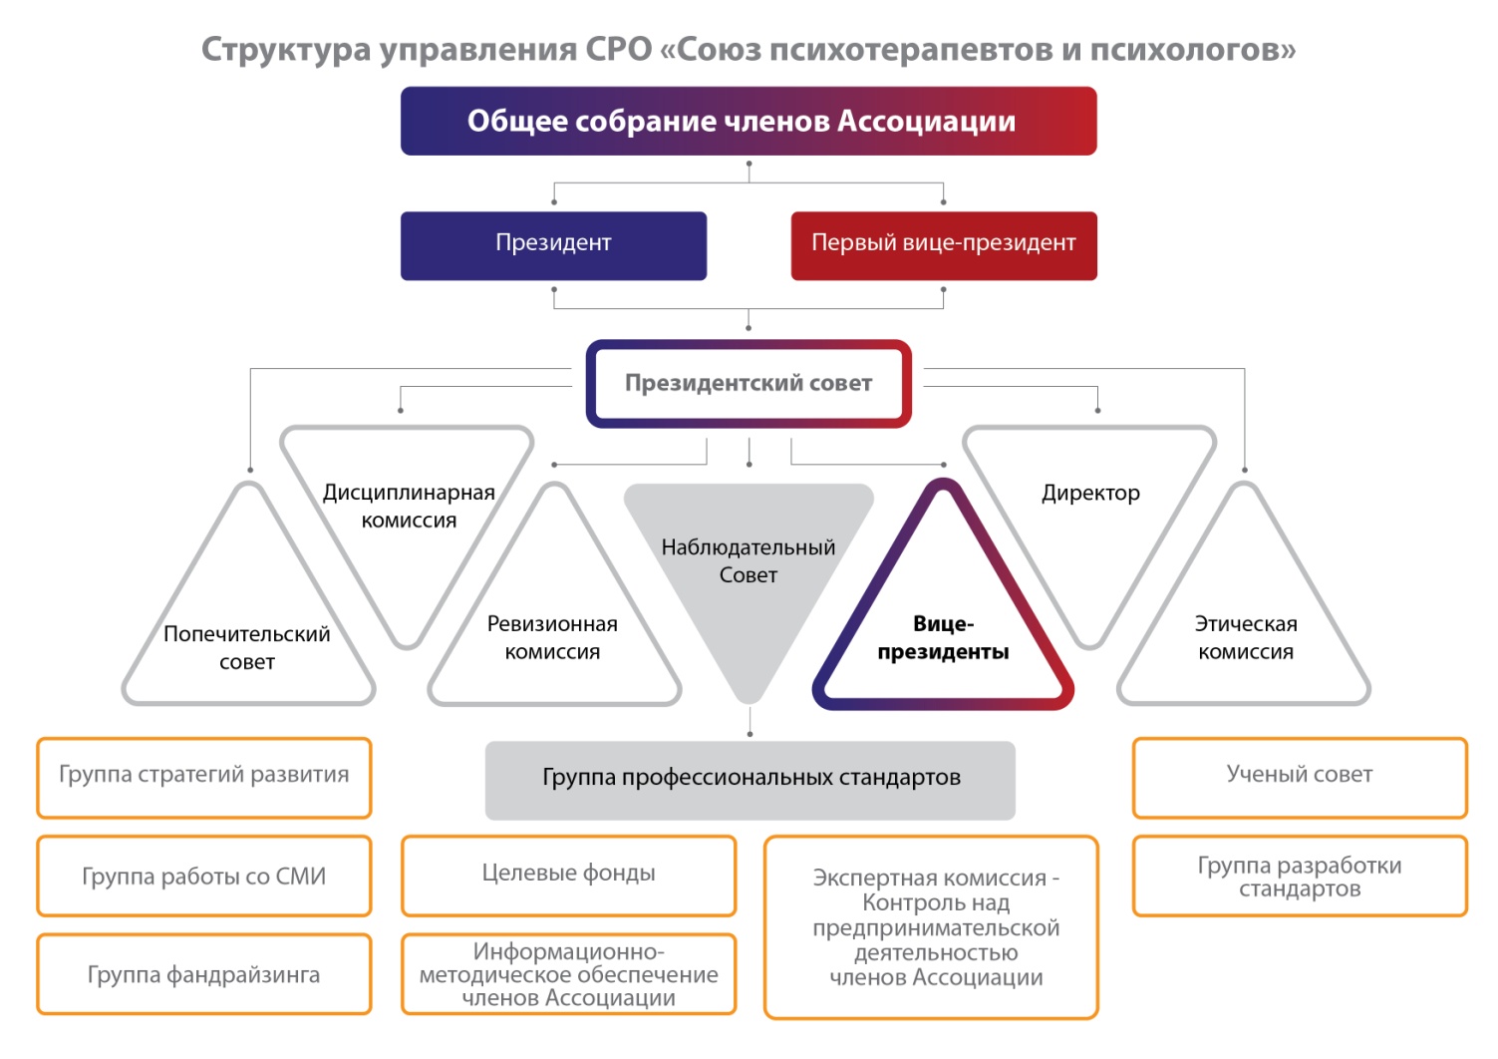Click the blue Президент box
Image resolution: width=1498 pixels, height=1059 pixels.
(x=553, y=245)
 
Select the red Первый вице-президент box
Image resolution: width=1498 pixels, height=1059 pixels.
(x=944, y=245)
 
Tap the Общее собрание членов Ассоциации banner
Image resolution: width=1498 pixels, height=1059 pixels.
(x=749, y=121)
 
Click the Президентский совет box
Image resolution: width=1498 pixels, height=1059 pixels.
(x=749, y=383)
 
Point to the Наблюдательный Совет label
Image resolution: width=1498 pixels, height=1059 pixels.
(x=749, y=560)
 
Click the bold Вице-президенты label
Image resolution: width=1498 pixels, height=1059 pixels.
(x=943, y=637)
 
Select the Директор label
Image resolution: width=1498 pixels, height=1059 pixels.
(x=1090, y=493)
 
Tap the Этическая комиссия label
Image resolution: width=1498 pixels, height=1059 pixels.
(x=1246, y=637)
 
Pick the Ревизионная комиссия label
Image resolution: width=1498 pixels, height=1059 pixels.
(x=552, y=637)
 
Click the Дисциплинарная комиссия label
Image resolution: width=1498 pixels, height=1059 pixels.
(x=409, y=506)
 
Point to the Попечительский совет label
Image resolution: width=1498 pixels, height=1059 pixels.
(x=247, y=647)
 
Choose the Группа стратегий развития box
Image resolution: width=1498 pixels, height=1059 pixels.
(x=204, y=778)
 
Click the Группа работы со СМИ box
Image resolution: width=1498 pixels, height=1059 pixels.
(x=204, y=876)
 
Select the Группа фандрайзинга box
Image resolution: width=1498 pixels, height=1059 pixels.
(x=204, y=974)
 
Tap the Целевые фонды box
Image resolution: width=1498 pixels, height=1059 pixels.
(x=568, y=876)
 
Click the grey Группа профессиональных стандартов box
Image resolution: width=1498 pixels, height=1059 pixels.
(x=749, y=780)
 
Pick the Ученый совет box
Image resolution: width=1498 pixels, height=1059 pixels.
(x=1300, y=778)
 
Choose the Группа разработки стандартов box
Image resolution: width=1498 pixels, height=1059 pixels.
(x=1300, y=876)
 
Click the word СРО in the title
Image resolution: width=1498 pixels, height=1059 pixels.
(x=619, y=49)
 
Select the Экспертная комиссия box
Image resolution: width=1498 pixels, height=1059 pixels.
(x=931, y=927)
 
